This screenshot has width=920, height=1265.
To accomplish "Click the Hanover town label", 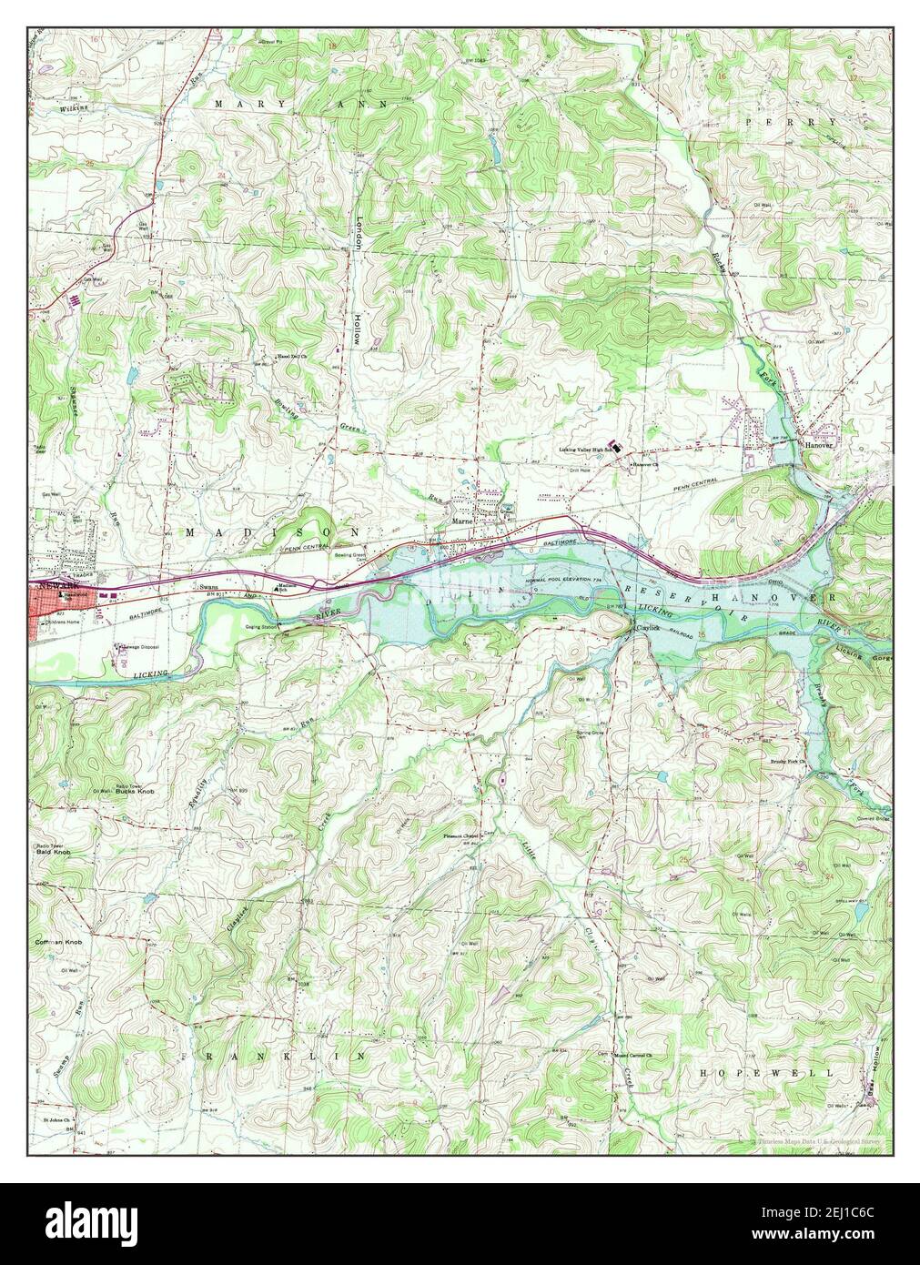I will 816,443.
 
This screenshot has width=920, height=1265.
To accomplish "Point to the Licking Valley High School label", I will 584,449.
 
